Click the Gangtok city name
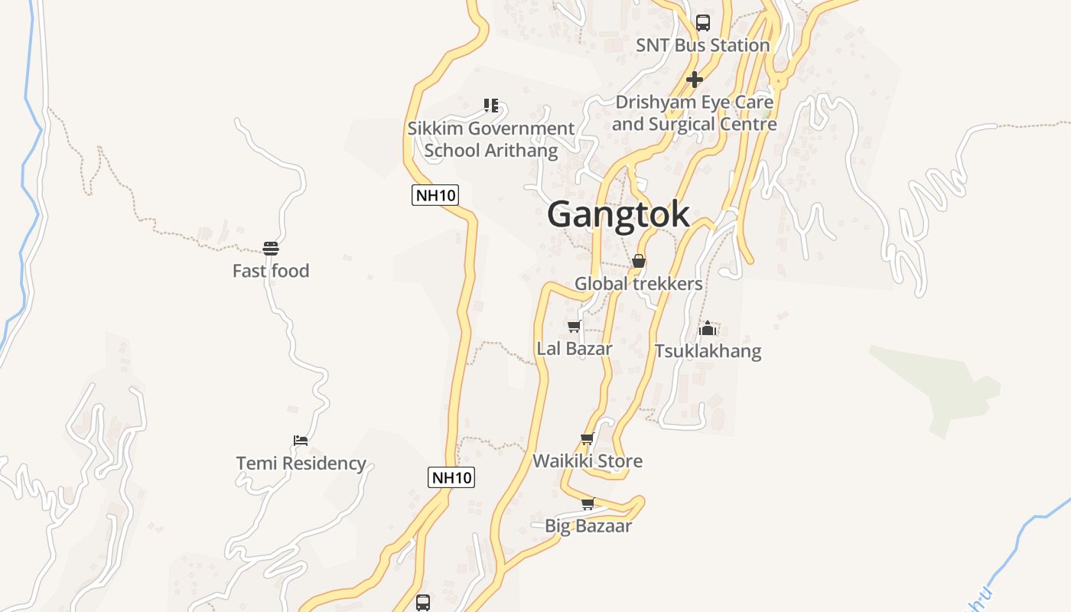[x=618, y=214]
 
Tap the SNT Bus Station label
[x=702, y=45]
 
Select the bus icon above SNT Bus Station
[x=702, y=23]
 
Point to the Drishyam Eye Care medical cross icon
[x=694, y=80]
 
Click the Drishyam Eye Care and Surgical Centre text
[x=694, y=113]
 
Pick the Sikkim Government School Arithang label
[x=490, y=139]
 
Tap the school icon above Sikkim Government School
[x=490, y=106]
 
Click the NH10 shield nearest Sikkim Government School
[x=435, y=195]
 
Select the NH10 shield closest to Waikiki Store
[x=451, y=477]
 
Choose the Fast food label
[x=271, y=271]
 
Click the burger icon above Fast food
[x=271, y=249]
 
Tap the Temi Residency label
[x=301, y=464]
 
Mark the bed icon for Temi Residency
[x=301, y=441]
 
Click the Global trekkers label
[x=638, y=284]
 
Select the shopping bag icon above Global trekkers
[x=638, y=262]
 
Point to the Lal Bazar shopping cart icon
[x=574, y=327]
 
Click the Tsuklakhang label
[x=708, y=351]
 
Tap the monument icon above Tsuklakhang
[x=708, y=329]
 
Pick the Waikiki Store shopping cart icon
[x=587, y=439]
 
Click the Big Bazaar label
[x=588, y=526]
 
